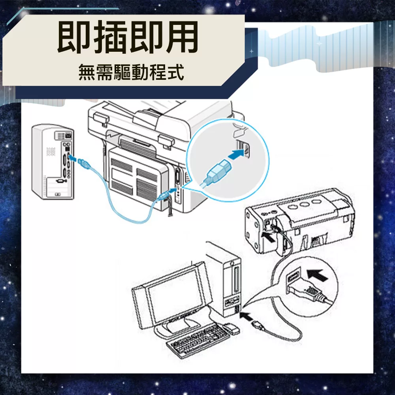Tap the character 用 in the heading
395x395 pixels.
point(181,37)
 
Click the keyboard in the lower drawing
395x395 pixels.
point(198,340)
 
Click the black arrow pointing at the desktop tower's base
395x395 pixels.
point(246,316)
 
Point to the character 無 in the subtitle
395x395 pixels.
point(87,72)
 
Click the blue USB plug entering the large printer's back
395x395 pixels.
point(164,195)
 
